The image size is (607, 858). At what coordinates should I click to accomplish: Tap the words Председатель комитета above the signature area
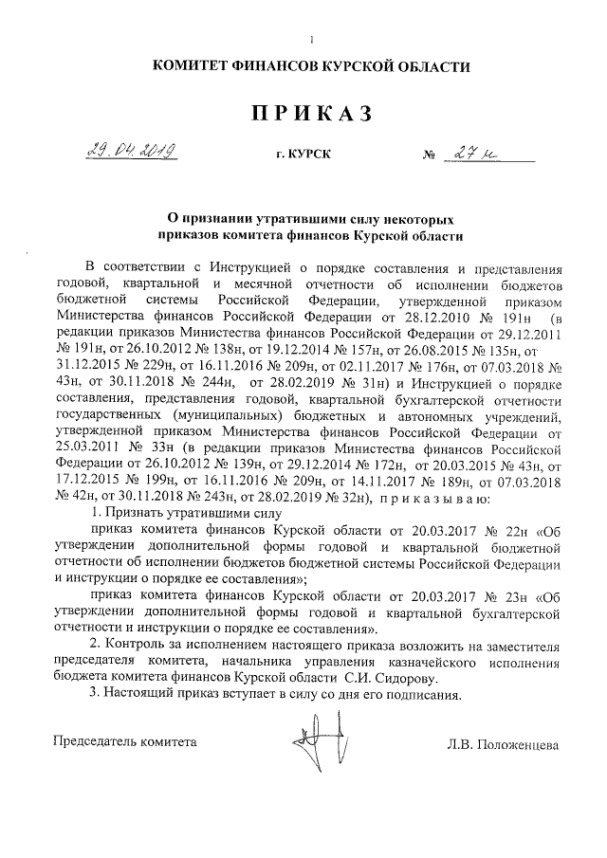click(125, 741)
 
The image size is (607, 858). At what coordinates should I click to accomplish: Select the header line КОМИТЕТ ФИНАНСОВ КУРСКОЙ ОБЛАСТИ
click(310, 65)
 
